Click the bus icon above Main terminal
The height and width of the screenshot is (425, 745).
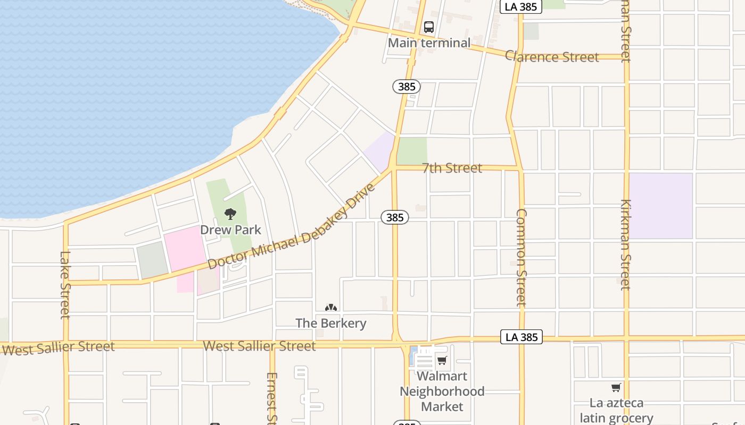(x=429, y=27)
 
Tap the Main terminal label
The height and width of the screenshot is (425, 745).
(x=429, y=43)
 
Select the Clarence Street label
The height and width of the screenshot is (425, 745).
(x=552, y=57)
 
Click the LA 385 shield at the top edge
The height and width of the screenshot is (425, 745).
(x=521, y=6)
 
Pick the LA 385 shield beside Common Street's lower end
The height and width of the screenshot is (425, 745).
(x=521, y=337)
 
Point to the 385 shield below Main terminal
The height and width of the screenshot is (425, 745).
(x=407, y=86)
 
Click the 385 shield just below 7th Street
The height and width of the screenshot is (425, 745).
(x=395, y=217)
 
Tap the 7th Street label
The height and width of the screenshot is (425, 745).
(x=452, y=168)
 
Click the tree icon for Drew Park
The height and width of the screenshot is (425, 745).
(x=230, y=214)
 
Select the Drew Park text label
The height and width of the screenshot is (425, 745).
(x=230, y=229)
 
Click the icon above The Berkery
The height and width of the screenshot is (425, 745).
(x=331, y=308)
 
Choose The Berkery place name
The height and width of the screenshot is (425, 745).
(x=331, y=323)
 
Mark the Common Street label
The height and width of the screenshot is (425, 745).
(x=521, y=257)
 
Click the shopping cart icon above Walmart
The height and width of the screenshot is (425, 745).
(x=442, y=361)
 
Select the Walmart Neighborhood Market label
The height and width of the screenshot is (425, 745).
(x=442, y=392)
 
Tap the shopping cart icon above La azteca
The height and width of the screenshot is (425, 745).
(x=616, y=387)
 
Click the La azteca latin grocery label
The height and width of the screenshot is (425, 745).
(x=616, y=411)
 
